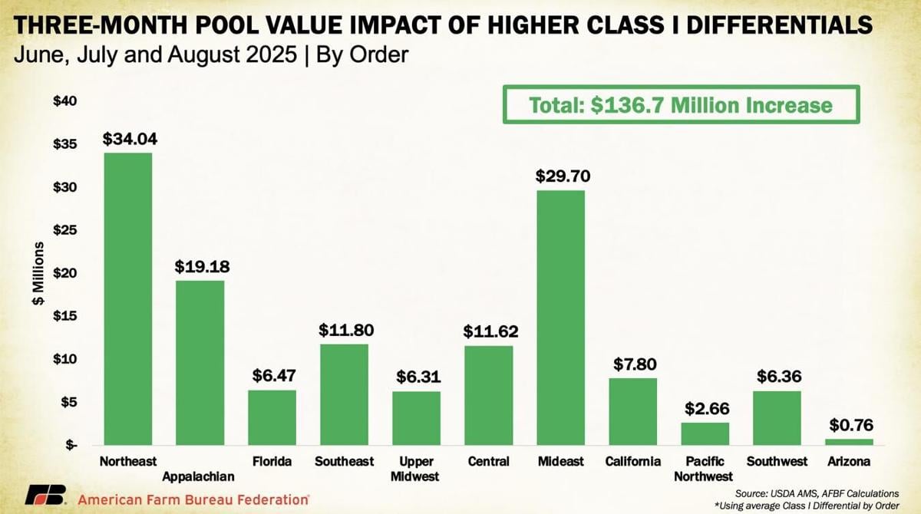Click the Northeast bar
pos(128,299)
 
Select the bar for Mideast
pos(560,318)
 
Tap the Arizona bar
pos(850,442)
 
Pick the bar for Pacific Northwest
pos(705,433)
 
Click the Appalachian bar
pos(200,362)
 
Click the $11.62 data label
pos(490,332)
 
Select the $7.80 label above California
pos(633,364)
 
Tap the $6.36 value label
pos(777,377)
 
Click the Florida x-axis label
pos(272,461)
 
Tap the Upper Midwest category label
pos(417,468)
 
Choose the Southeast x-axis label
pos(344,461)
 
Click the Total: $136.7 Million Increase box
pos(680,104)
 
